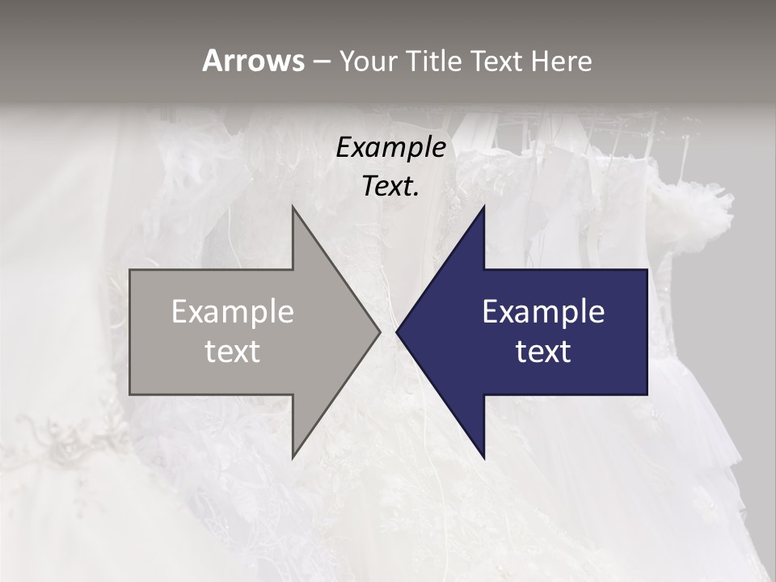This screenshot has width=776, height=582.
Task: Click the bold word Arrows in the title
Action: click(253, 61)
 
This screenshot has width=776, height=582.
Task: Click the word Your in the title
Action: click(369, 61)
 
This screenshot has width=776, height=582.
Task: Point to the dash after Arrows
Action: click(321, 61)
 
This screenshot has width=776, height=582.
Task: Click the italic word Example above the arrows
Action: click(390, 148)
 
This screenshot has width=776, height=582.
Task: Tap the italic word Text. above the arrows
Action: click(390, 187)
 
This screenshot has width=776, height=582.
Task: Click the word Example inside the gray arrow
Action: click(233, 312)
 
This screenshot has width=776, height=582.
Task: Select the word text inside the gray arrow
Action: click(233, 352)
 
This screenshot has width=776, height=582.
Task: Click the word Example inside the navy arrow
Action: click(543, 312)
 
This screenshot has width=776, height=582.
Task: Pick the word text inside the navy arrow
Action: click(543, 352)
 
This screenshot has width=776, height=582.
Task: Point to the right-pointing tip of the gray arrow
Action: click(379, 331)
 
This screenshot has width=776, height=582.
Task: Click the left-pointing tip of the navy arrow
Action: click(397, 331)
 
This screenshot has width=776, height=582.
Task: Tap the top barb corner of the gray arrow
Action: click(293, 208)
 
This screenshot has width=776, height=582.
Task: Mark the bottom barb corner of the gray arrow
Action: click(293, 458)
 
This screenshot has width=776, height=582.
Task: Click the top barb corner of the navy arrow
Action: click(483, 208)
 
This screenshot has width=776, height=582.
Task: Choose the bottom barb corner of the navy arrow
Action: click(483, 458)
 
